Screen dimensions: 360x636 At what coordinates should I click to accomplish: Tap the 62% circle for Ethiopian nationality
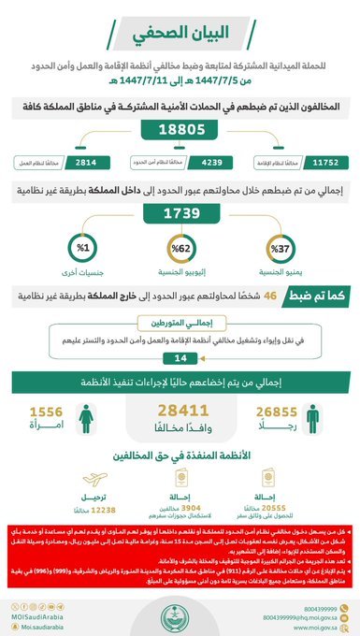180,252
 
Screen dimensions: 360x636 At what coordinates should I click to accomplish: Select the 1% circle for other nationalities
80,252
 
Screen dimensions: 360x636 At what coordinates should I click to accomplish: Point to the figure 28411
180,409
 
